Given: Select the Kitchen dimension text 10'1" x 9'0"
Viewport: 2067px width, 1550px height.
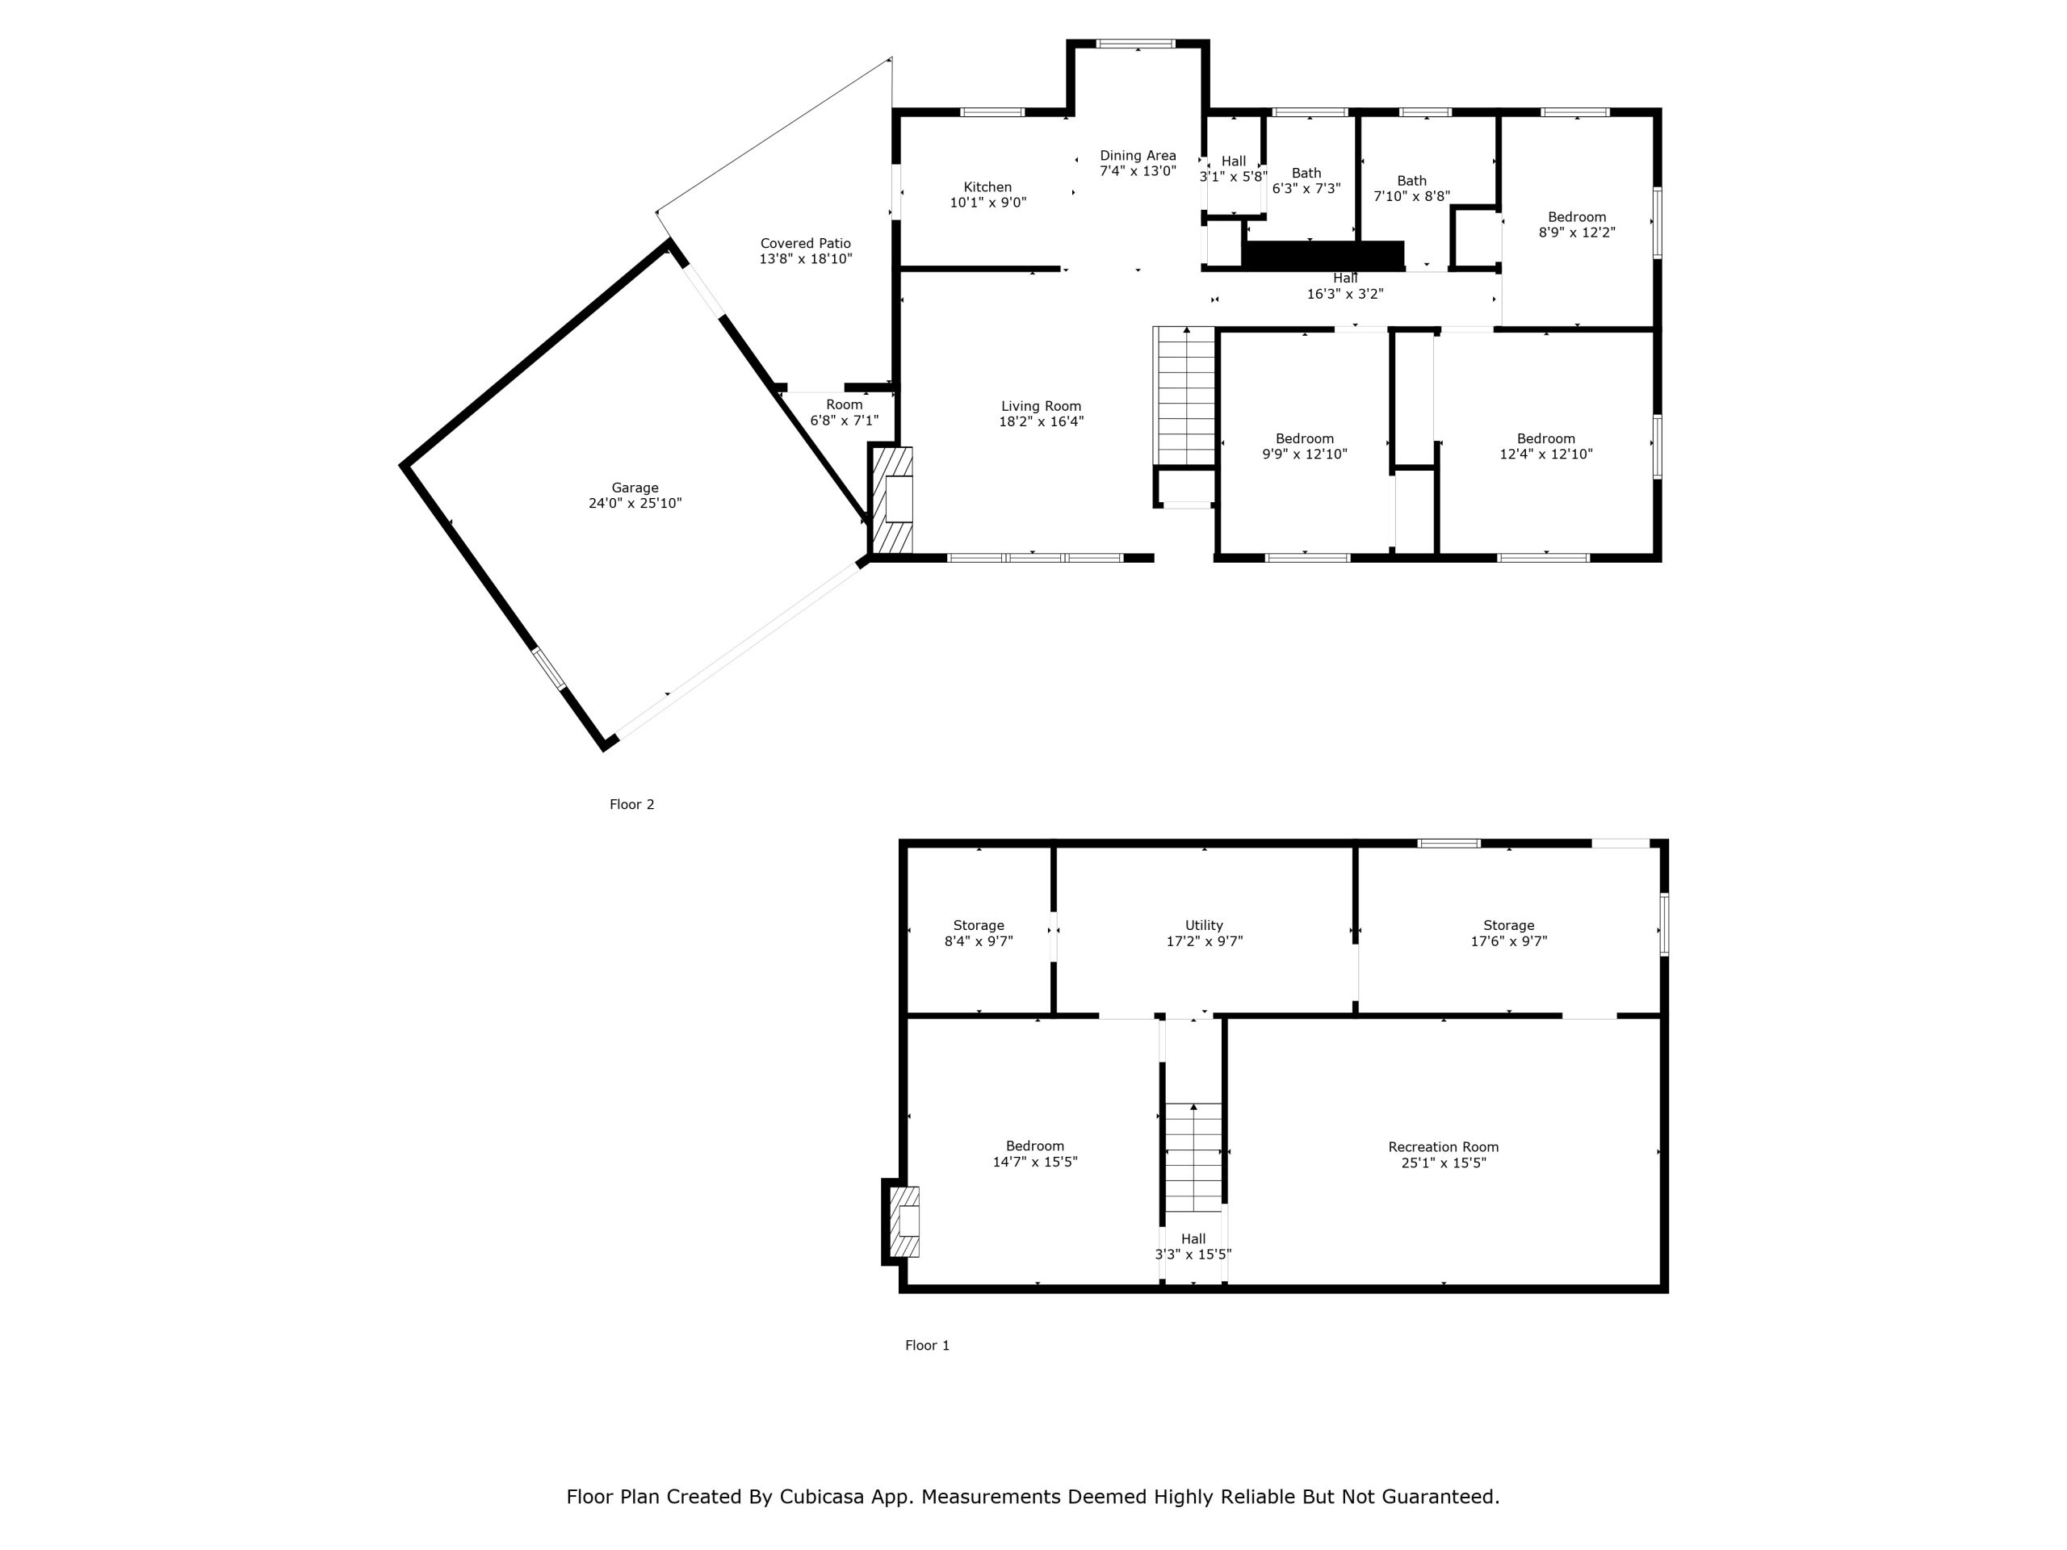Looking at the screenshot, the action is click(x=987, y=202).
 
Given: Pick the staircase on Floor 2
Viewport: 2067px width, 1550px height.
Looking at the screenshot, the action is click(x=1186, y=396).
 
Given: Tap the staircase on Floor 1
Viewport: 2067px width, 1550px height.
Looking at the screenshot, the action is click(x=1193, y=1157).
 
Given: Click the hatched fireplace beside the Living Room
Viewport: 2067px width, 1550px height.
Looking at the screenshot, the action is click(x=892, y=500).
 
